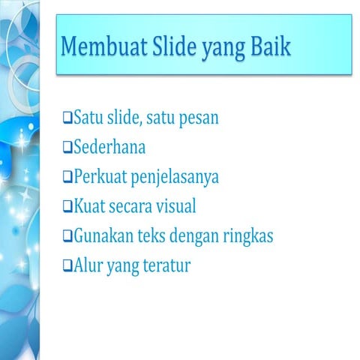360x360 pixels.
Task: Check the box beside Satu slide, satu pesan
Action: tap(67, 118)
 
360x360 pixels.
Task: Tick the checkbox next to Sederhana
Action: tap(67, 147)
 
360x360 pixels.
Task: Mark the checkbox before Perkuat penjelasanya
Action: tap(67, 177)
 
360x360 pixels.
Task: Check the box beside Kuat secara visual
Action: tap(67, 205)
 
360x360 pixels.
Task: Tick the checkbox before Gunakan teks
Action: tap(67, 235)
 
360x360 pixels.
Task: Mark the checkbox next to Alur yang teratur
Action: tap(67, 265)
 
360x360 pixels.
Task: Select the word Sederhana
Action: tap(109, 147)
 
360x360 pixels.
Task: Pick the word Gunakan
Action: tap(102, 236)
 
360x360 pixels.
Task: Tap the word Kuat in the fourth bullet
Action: tap(88, 206)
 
